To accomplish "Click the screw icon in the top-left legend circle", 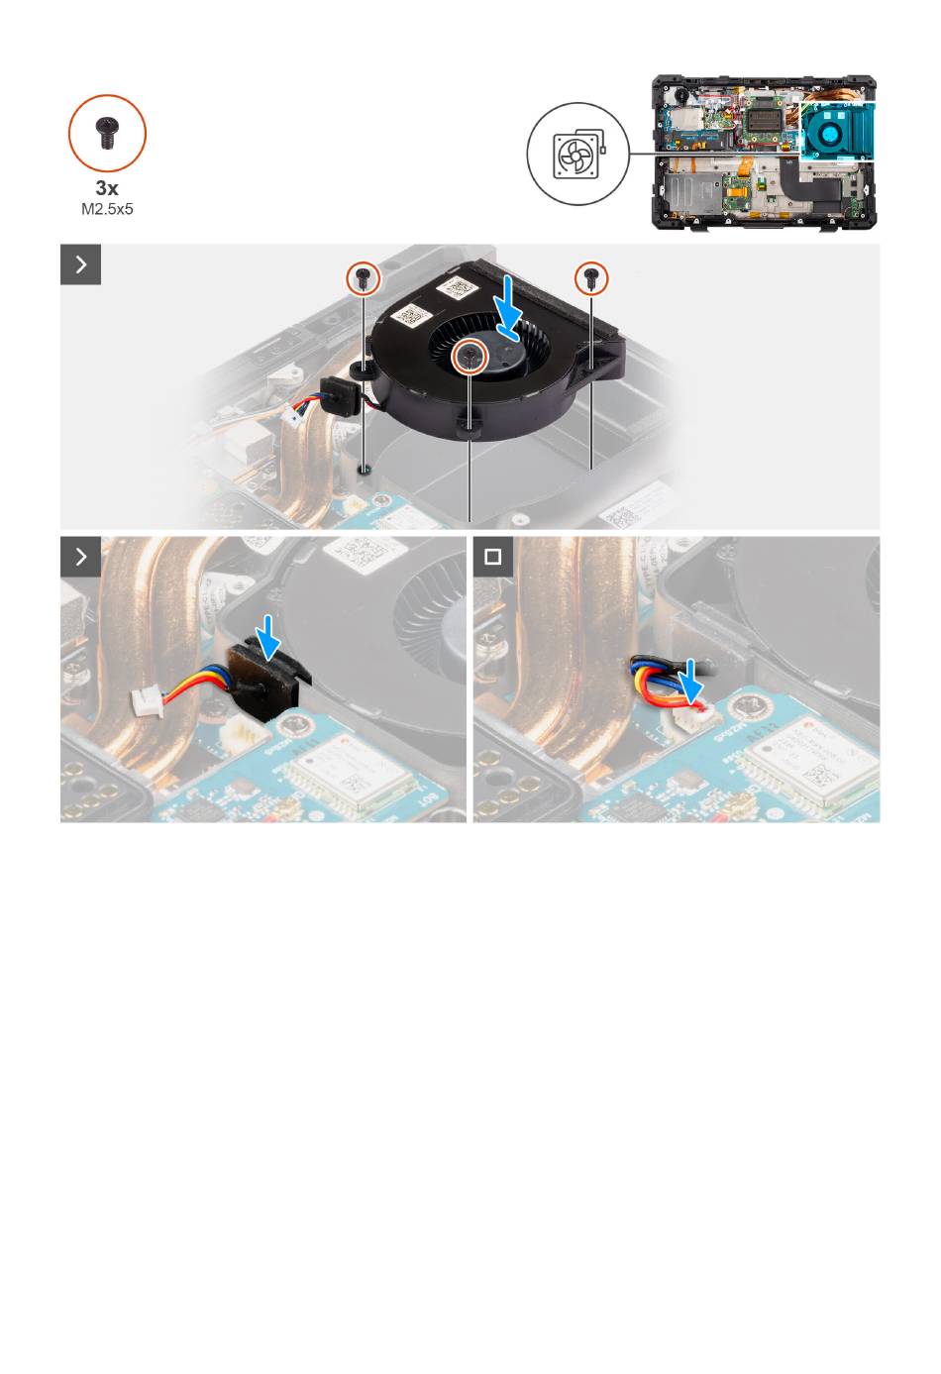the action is pos(107,133).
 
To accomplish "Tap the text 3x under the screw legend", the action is pos(107,187).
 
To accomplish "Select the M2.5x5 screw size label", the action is pos(107,209).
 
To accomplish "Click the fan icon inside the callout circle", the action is pos(578,154).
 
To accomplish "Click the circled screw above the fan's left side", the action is pos(364,278).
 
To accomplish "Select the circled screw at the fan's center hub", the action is pos(470,356).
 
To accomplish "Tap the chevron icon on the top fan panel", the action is pos(80,264).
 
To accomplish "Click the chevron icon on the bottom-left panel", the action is pos(80,557).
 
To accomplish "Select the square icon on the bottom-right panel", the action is pos(492,557).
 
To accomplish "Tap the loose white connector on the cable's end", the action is pos(147,701).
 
